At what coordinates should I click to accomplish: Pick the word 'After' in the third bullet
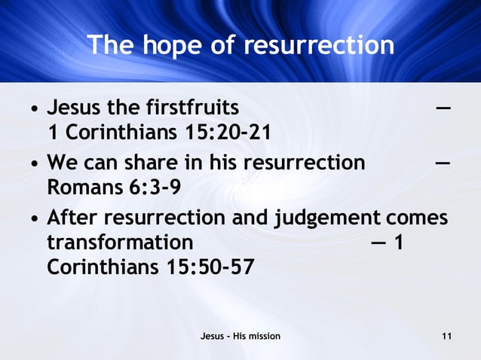click(74, 218)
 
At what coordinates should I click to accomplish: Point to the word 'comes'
click(417, 218)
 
